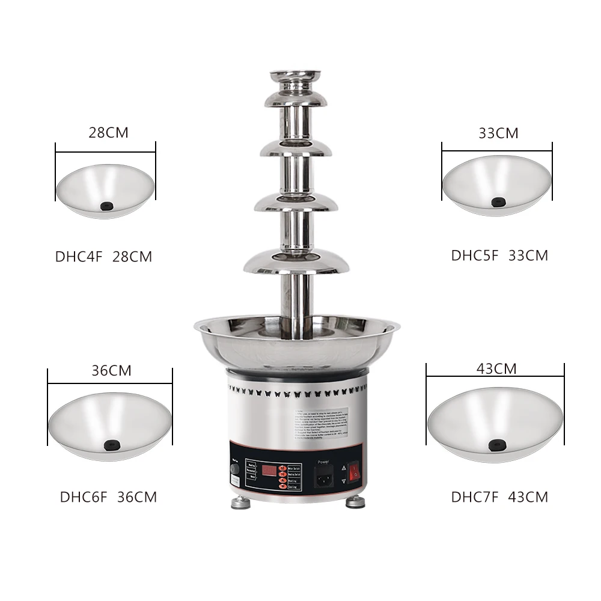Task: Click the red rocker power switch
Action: (x=354, y=472)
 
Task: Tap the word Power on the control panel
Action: (x=324, y=462)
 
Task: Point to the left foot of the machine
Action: (x=240, y=502)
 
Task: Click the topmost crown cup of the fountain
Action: (x=295, y=77)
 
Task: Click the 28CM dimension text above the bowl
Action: (x=108, y=133)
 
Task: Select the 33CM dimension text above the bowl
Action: (x=498, y=133)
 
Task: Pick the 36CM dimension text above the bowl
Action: (x=111, y=371)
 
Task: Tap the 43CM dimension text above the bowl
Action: (x=496, y=369)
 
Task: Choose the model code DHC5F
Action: (x=475, y=255)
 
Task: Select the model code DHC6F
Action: (x=84, y=497)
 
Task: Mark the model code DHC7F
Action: (x=475, y=497)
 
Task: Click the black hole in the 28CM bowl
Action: (x=106, y=206)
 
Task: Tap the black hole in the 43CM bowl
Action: (x=496, y=445)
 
